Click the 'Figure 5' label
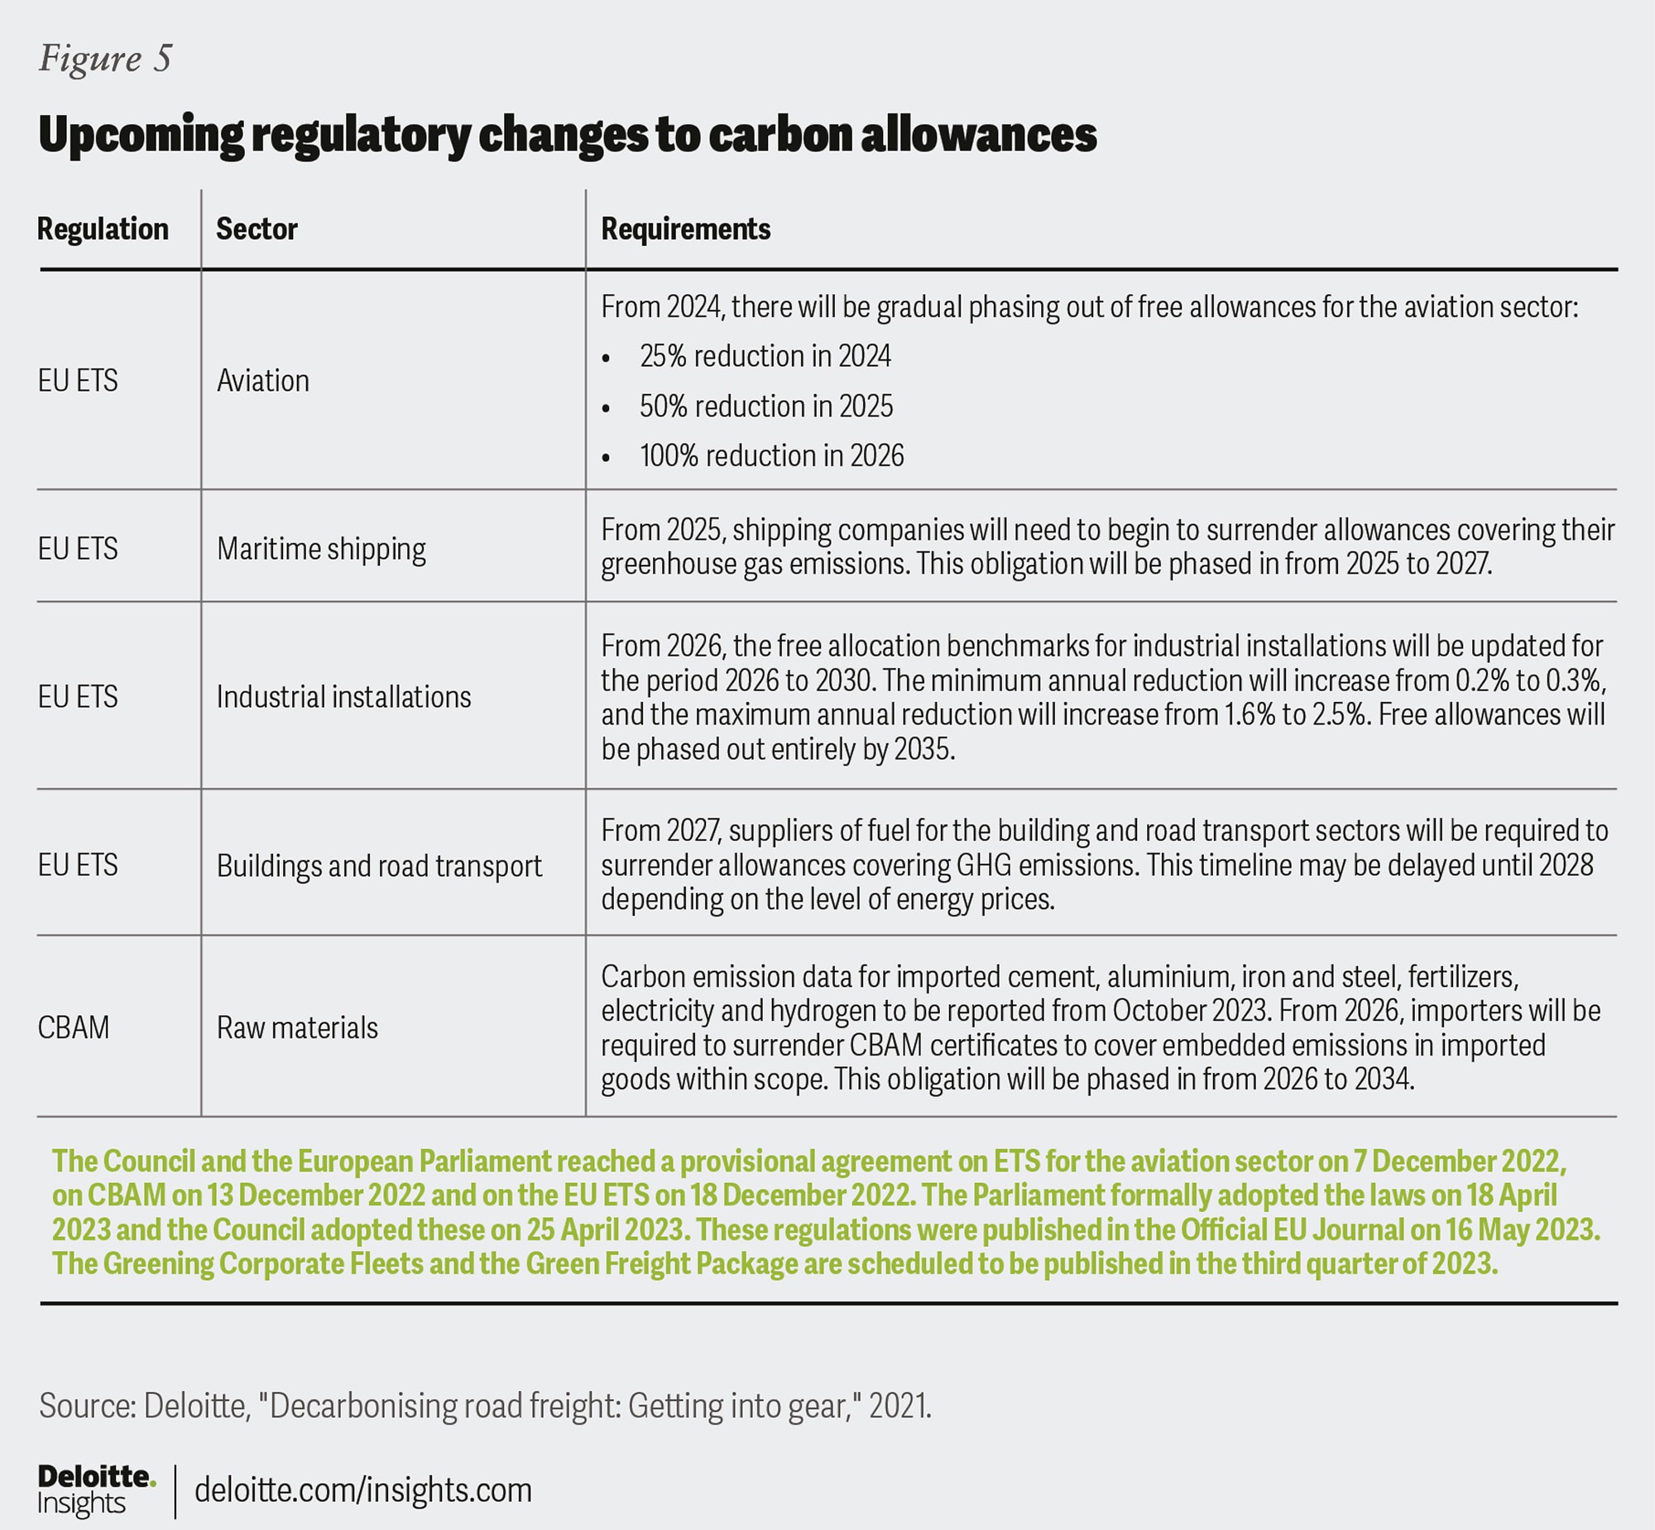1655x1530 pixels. tap(105, 59)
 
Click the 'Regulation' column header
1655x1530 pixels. tap(103, 229)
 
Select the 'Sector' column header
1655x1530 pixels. tap(257, 229)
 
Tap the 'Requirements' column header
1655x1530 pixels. tap(685, 229)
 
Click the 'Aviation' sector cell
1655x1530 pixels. tap(262, 381)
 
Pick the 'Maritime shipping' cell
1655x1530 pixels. tap(321, 549)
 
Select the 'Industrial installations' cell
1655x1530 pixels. tap(343, 697)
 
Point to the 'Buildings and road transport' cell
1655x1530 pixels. tap(379, 866)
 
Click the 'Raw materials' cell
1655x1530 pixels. tap(297, 1028)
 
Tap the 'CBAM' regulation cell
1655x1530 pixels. tap(74, 1028)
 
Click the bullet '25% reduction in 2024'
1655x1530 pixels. tap(765, 357)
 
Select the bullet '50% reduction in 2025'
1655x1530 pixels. tap(765, 407)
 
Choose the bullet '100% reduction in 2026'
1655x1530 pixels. tap(771, 456)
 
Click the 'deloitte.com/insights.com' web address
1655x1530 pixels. tap(363, 1490)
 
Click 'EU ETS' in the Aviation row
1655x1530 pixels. tap(78, 381)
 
